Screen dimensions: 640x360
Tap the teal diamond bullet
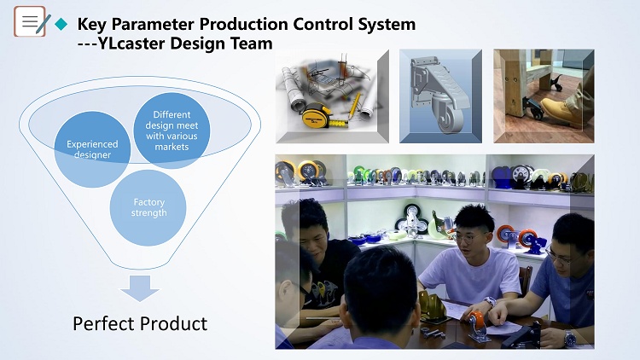pos(61,24)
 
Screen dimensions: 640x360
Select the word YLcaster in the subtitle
pos(131,44)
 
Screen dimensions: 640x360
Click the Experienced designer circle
pos(92,149)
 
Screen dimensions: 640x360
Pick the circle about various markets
pos(172,131)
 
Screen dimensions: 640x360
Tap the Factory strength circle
pos(148,208)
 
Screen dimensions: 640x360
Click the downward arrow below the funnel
pos(140,288)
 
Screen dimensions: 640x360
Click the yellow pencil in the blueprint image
pos(354,106)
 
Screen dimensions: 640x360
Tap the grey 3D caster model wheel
pos(447,115)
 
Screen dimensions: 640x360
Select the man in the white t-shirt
pos(470,261)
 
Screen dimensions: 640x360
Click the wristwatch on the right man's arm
pos(569,338)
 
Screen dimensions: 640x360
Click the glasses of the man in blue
pos(558,256)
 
